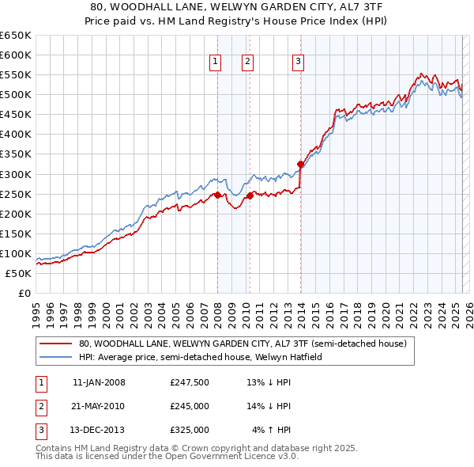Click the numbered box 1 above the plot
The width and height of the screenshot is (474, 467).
point(215,63)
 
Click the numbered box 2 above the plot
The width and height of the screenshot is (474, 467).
point(247,63)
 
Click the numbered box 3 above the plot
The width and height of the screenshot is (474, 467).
point(298,63)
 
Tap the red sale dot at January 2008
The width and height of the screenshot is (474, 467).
point(217,194)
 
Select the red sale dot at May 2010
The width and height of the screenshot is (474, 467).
point(250,196)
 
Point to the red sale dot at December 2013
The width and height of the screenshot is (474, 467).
point(300,164)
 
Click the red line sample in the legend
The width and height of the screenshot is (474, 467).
point(55,344)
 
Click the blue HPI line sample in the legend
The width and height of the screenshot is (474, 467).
point(55,357)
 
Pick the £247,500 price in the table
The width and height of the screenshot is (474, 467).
point(190,382)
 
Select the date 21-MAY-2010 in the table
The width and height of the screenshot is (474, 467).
point(98,406)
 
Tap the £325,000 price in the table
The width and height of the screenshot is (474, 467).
point(190,430)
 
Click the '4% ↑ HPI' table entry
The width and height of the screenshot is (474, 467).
point(272,430)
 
